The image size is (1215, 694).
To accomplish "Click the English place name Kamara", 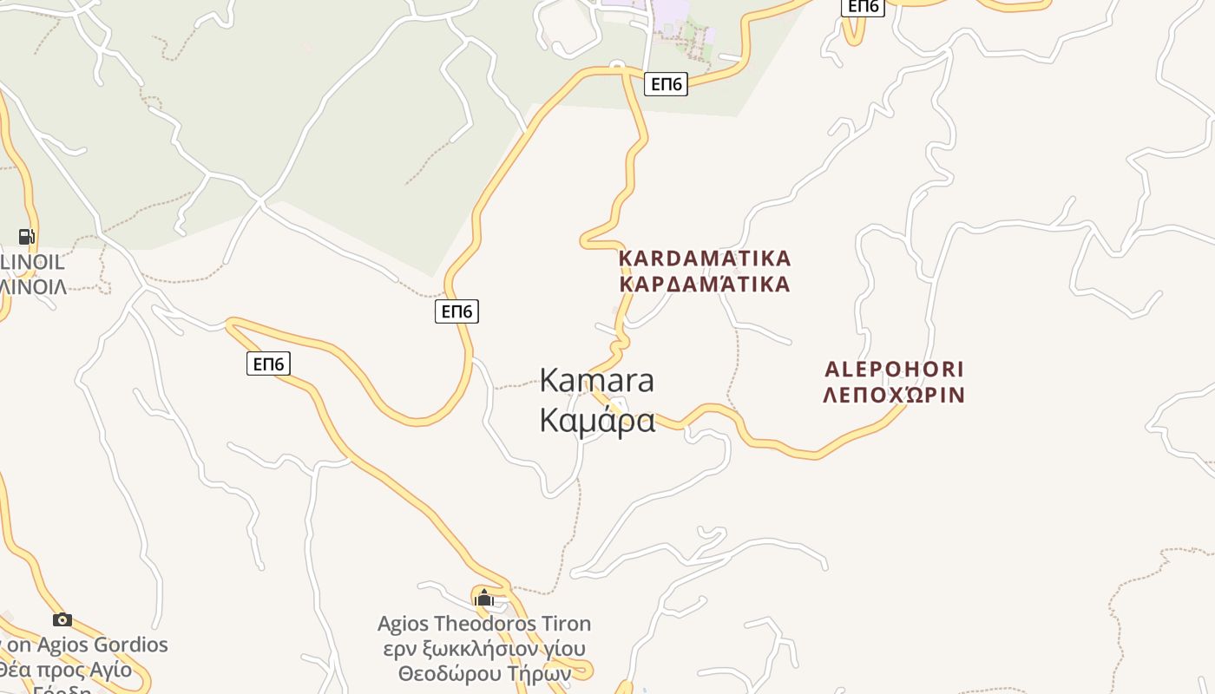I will pos(597,380).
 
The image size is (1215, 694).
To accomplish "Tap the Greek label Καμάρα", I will pos(597,420).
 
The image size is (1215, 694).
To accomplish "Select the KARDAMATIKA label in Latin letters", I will pos(705,259).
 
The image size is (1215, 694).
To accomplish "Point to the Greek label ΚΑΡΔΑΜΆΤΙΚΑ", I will pos(705,285).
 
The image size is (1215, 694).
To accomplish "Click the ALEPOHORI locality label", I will pos(894,370).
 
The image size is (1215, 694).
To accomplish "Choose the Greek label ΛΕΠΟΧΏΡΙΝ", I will pos(894,396).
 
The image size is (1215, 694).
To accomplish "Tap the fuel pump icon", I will pos(27,237).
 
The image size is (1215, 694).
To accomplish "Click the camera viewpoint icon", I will pos(62,619).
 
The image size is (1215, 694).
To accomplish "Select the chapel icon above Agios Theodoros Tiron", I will pos(484,598).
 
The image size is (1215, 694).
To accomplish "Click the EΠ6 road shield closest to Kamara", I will pos(456,311).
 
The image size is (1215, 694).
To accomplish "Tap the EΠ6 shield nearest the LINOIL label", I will pos(268,363).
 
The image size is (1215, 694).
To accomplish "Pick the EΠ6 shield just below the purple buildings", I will pos(666,84).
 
